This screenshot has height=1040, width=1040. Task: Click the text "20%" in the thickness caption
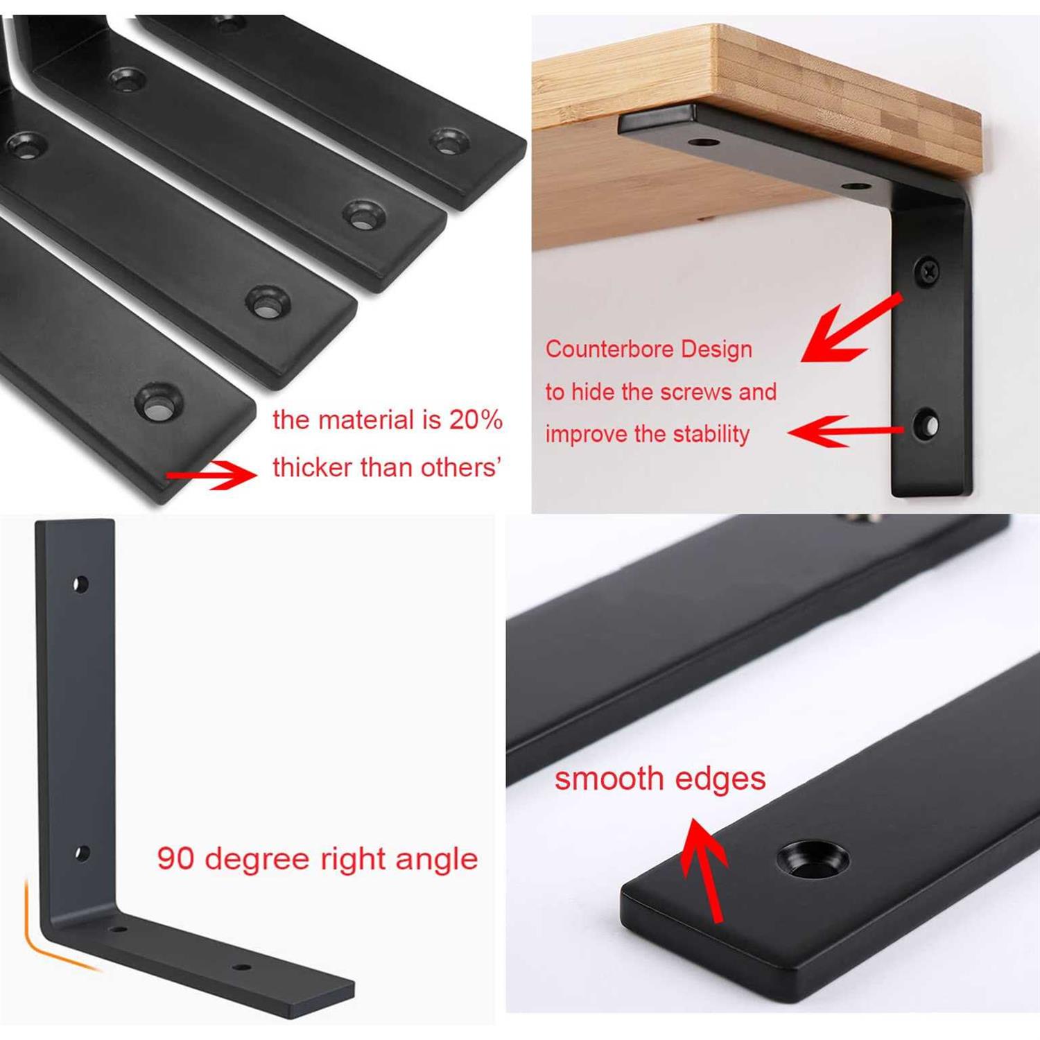click(x=476, y=419)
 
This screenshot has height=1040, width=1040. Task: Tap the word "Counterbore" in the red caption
click(x=601, y=349)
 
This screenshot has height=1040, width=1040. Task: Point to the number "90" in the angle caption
click(x=175, y=858)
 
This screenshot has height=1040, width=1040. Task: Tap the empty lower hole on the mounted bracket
click(x=926, y=423)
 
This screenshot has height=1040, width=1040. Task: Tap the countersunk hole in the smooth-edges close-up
click(x=812, y=860)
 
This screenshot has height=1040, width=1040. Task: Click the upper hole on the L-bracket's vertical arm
click(x=81, y=584)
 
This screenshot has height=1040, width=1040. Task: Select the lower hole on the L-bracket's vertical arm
click(x=82, y=853)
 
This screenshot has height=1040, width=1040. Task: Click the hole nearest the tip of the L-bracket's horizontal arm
click(x=241, y=967)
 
